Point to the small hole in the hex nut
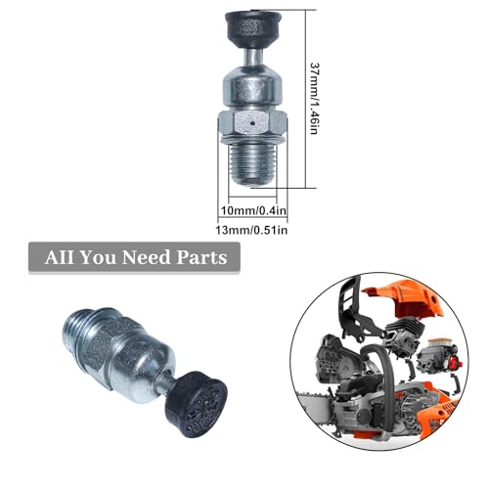(251, 125)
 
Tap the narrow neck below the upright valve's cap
(251, 54)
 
